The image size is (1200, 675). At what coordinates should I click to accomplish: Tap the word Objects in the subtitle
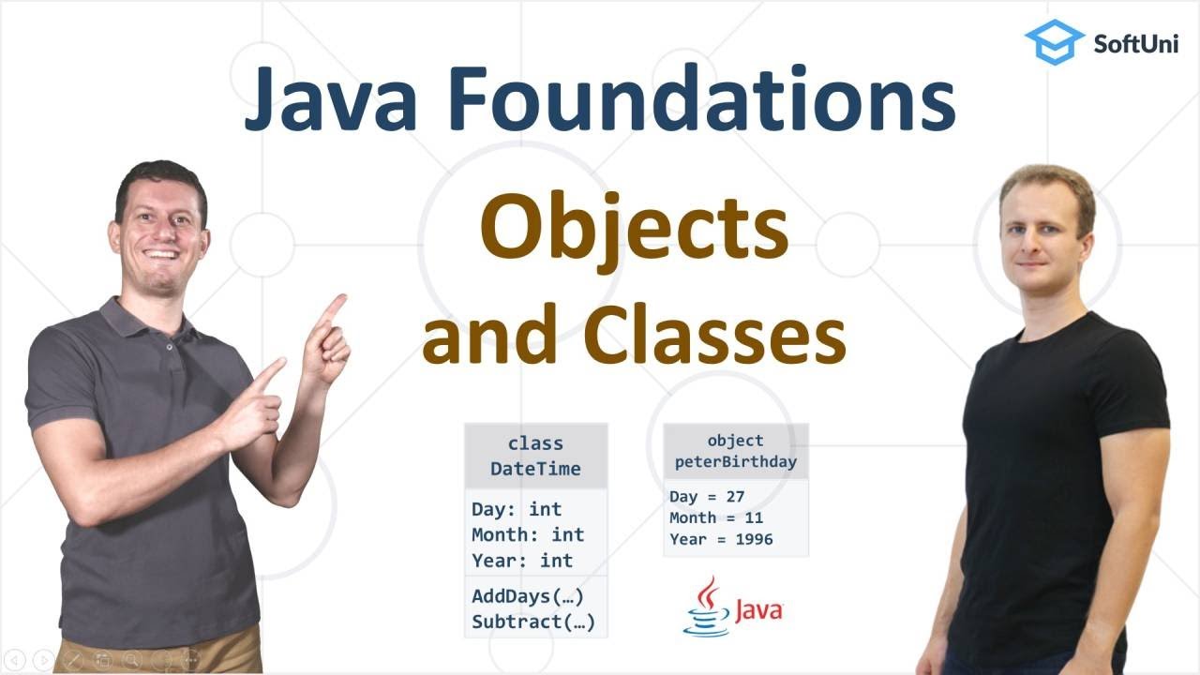634,231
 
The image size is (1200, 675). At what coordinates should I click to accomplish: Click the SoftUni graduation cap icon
1054,42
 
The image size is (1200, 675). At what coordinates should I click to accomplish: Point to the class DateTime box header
535,456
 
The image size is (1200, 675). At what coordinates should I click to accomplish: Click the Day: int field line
517,509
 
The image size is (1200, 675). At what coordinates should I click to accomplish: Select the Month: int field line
528,534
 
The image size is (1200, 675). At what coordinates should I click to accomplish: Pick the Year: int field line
522,560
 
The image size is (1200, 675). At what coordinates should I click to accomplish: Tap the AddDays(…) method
533,596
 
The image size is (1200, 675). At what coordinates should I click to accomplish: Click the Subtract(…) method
533,621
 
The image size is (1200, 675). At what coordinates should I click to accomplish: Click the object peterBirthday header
735,451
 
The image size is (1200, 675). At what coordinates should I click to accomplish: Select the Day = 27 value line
707,497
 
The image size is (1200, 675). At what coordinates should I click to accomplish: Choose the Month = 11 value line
716,517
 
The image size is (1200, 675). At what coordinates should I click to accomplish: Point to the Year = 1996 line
721,539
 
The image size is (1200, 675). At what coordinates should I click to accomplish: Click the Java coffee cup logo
710,607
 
